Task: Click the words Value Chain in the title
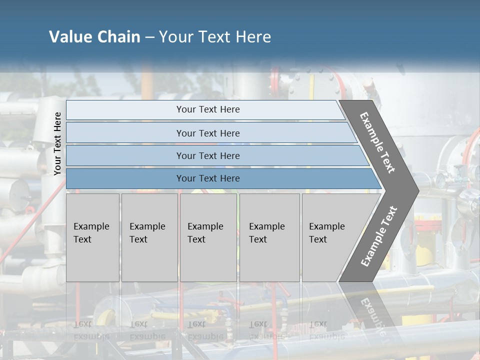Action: click(94, 37)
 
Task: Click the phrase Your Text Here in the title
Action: click(215, 37)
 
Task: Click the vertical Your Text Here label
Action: click(57, 143)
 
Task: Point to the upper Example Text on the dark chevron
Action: click(377, 142)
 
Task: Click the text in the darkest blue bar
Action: click(208, 178)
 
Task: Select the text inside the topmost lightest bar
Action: click(208, 109)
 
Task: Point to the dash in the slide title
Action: click(149, 37)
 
